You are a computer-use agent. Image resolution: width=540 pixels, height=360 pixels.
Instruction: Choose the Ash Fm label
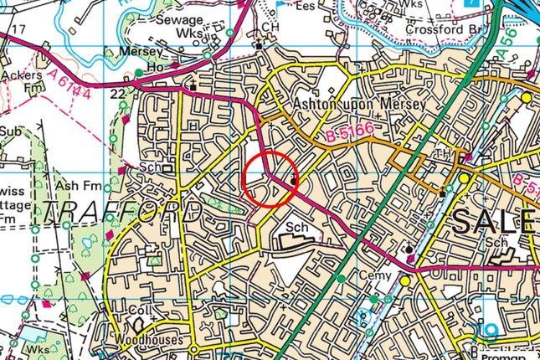[x=72, y=185]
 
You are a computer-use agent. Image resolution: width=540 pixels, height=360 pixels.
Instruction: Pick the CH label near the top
[x=268, y=28]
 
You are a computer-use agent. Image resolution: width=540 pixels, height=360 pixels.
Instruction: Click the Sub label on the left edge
[x=10, y=131]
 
